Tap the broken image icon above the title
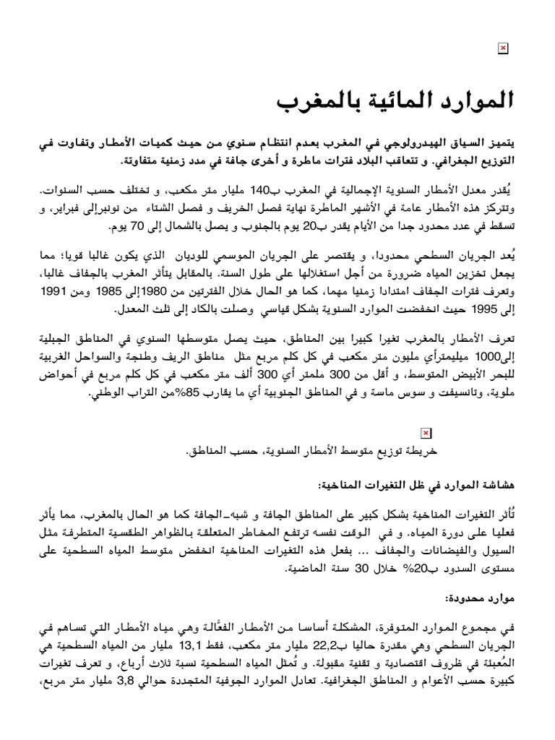click(x=503, y=48)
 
